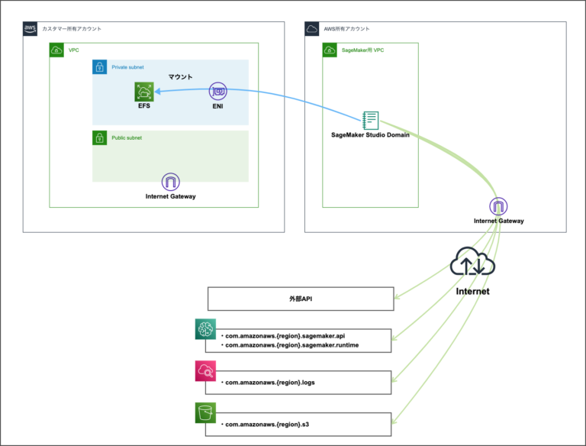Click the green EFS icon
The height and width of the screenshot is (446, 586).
(x=143, y=92)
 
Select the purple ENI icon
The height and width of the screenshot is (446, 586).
(x=218, y=92)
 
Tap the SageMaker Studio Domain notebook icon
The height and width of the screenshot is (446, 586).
(x=371, y=120)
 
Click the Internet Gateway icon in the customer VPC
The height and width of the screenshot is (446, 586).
(x=171, y=183)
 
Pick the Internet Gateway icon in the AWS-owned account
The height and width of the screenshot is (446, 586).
(x=499, y=207)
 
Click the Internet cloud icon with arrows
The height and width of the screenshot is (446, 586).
(x=472, y=263)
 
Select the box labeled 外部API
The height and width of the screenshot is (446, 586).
(x=299, y=299)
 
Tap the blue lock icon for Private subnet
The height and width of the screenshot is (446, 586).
(x=100, y=67)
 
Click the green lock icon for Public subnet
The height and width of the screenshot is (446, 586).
(x=100, y=138)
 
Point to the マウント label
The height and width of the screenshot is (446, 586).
(x=181, y=77)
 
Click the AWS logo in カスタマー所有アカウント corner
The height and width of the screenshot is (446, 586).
(x=31, y=29)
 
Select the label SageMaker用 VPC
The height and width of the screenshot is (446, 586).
(x=363, y=50)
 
